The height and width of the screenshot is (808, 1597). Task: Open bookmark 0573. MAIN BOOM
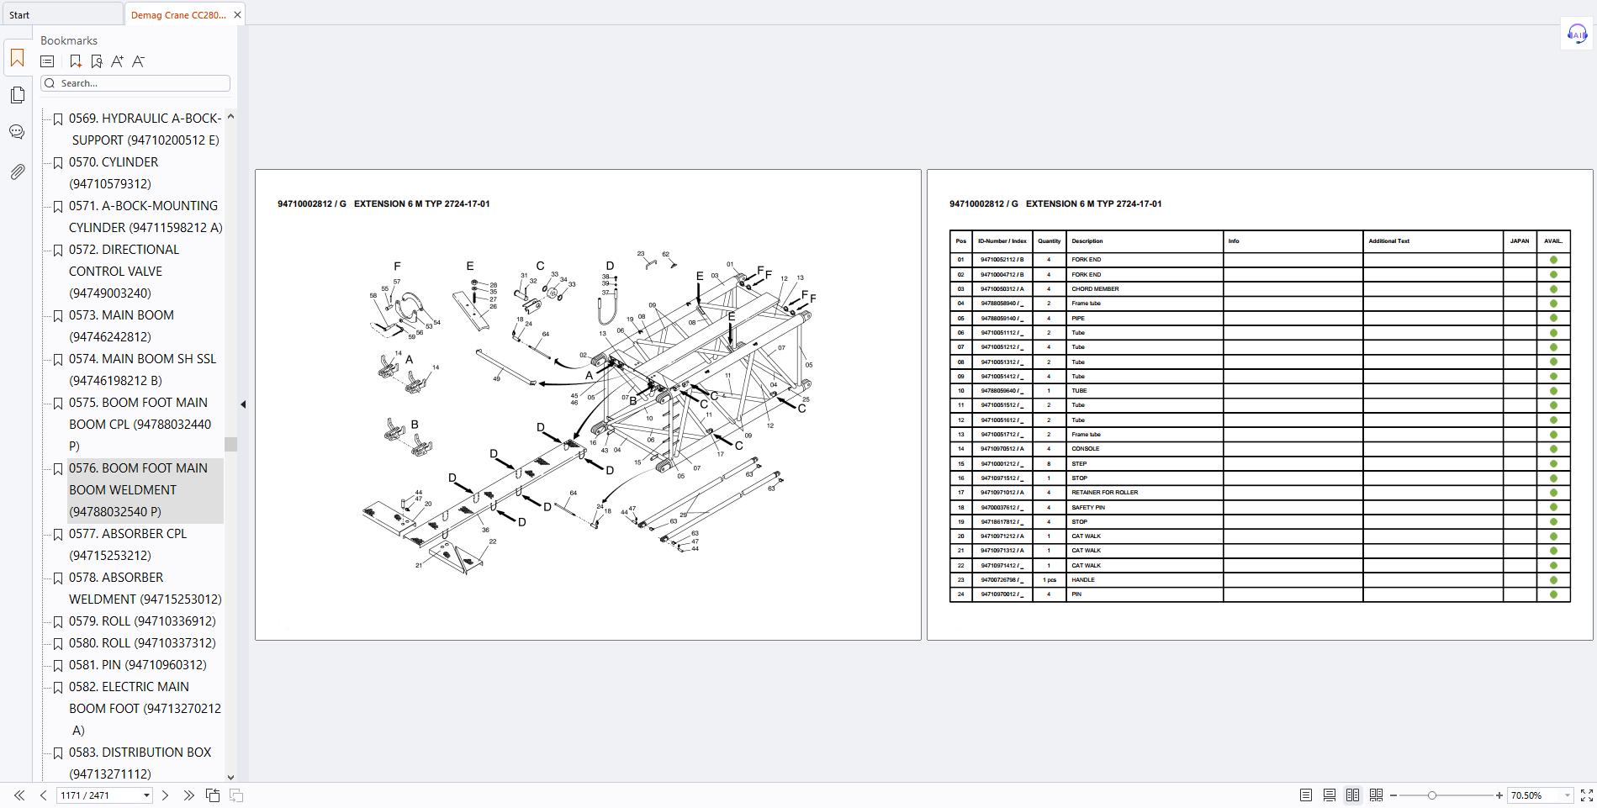pos(121,315)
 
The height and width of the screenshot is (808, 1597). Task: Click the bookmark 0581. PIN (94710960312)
pos(138,665)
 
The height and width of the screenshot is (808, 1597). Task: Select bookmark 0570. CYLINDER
pos(114,162)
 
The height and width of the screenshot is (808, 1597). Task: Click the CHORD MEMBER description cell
pos(1095,289)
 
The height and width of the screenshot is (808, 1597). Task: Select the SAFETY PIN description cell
pos(1087,508)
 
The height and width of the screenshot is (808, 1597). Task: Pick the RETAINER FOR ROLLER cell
pos(1104,493)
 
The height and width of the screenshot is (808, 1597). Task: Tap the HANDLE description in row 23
pos(1083,580)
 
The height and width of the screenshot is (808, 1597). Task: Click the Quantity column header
pos(1049,241)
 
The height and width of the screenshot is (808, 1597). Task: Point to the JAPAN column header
pos(1519,241)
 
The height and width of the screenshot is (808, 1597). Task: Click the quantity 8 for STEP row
pos(1049,464)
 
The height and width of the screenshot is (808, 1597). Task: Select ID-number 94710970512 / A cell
pos(1002,449)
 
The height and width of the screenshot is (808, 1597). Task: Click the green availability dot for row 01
pos(1553,260)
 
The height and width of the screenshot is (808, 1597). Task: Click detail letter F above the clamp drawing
pos(397,267)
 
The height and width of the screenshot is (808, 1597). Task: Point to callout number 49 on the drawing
pos(496,379)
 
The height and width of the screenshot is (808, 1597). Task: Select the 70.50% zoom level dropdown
pos(1539,795)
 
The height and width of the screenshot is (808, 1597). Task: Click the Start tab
pos(20,14)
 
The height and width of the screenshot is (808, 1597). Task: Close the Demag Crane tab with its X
pos(237,14)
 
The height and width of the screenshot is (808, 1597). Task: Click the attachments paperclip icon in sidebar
pos(17,172)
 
